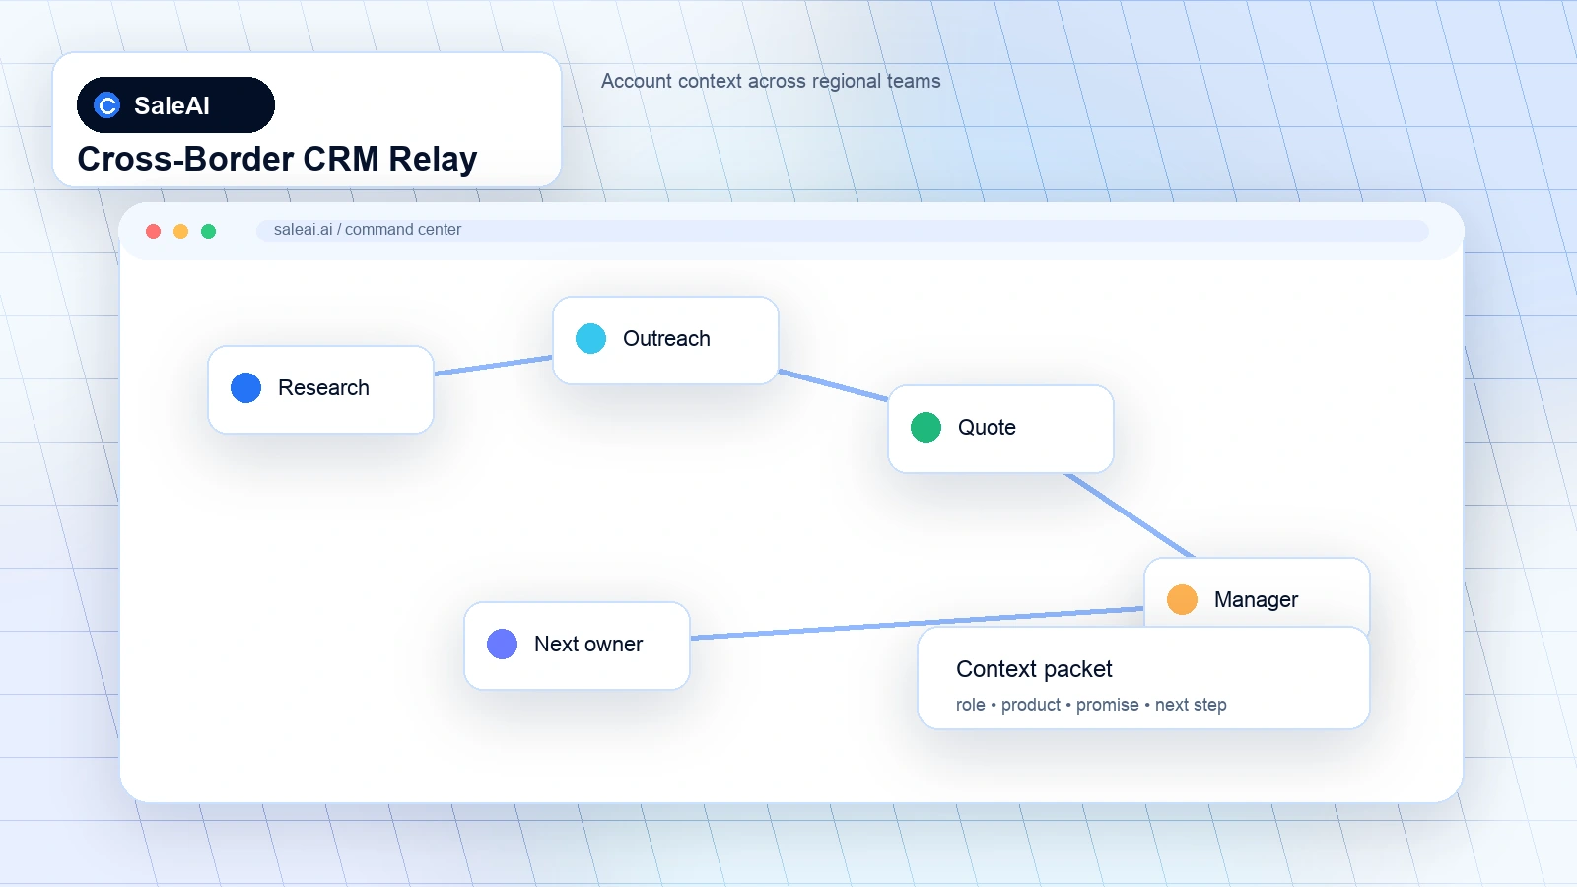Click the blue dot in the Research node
tap(245, 388)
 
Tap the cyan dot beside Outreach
tap(590, 339)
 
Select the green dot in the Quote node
tap(926, 428)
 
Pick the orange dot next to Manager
tap(1182, 600)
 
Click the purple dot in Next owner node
tap(502, 645)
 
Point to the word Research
tap(323, 388)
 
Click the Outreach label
tap(666, 339)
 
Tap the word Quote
tap(987, 428)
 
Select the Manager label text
tap(1256, 600)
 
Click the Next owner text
tap(587, 645)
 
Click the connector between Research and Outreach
tap(493, 366)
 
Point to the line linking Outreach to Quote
tap(833, 385)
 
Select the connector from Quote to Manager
tap(1129, 515)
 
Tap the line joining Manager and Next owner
tap(917, 623)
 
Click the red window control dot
tap(153, 231)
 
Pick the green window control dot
tap(208, 231)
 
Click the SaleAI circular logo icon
tap(107, 105)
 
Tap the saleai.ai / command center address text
tap(368, 230)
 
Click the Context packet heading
tap(1034, 669)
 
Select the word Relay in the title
tap(433, 159)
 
